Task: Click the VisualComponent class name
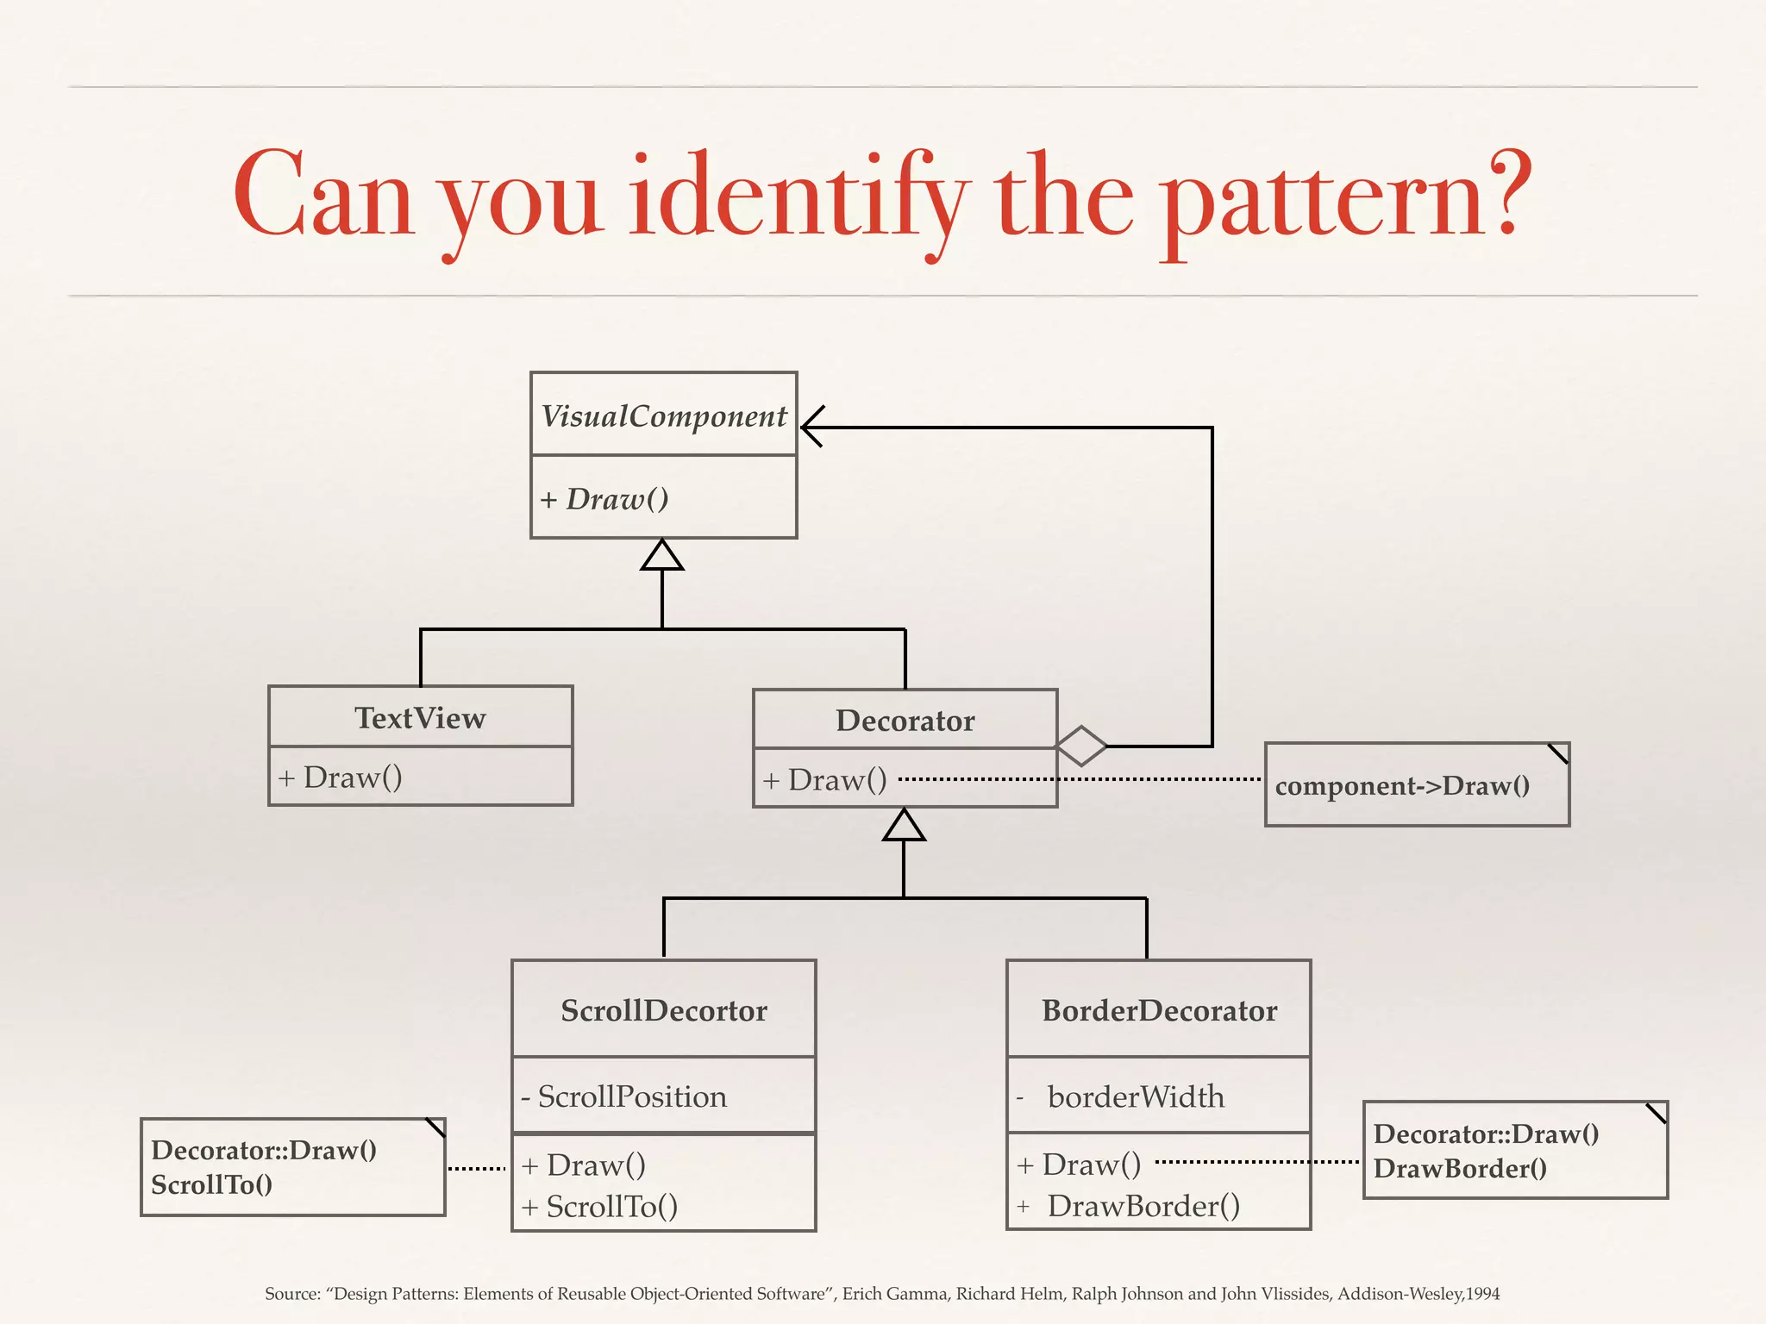coord(663,416)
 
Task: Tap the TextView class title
coord(420,718)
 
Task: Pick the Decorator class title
coord(905,721)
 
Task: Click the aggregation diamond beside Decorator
coord(1081,746)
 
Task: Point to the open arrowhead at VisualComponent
coord(812,427)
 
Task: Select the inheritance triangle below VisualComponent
coord(662,556)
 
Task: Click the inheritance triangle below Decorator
coord(904,826)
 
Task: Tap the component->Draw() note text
coord(1402,786)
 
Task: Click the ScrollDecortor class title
coord(663,1010)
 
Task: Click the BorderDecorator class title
coord(1159,1010)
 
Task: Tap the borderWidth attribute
coord(1135,1096)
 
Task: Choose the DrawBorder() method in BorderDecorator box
coord(1143,1206)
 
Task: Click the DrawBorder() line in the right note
coord(1459,1169)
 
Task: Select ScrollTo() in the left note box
coord(211,1185)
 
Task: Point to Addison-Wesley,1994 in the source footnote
coord(1418,1294)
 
